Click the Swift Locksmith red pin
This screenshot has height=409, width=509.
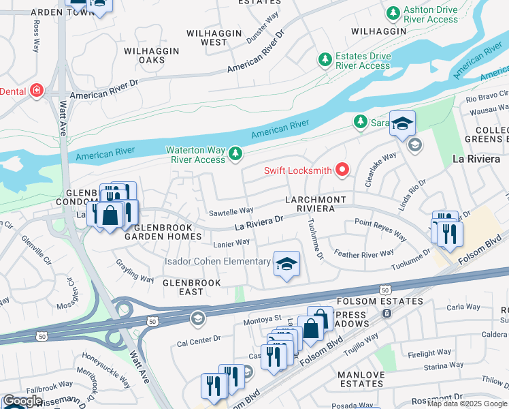click(x=342, y=170)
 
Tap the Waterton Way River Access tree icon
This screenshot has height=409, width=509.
click(x=235, y=153)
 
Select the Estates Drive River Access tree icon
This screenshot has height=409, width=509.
click(x=325, y=61)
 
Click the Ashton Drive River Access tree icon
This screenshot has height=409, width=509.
click(x=393, y=14)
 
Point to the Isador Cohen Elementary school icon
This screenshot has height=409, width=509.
click(x=286, y=263)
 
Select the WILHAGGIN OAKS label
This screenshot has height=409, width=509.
click(x=152, y=55)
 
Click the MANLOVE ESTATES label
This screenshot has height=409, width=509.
click(x=362, y=379)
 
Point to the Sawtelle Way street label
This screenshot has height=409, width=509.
click(x=231, y=211)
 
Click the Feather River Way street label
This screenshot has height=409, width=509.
click(x=364, y=254)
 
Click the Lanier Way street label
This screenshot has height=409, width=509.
click(x=231, y=242)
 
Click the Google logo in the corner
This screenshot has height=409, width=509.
click(x=22, y=402)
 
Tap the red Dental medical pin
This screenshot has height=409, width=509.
click(x=35, y=91)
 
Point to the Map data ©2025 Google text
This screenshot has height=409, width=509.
click(x=467, y=404)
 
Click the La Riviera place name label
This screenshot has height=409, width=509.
click(x=478, y=159)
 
